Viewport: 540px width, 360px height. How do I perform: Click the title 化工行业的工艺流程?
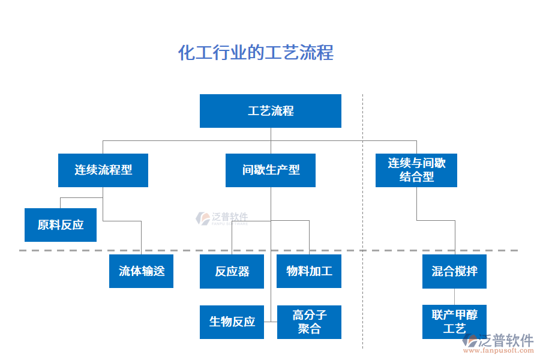[256, 53]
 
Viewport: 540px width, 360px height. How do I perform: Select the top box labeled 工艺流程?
[270, 111]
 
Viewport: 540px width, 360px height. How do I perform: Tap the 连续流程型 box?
[103, 170]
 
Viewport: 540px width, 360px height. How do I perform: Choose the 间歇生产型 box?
[271, 170]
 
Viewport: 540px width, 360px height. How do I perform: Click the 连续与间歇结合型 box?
[416, 170]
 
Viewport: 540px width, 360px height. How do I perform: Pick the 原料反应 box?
[61, 225]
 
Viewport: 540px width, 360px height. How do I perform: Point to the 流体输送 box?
[141, 271]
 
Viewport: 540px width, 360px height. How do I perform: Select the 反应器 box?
[232, 271]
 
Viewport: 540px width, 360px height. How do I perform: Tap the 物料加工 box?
[309, 271]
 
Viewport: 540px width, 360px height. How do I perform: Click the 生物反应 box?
[232, 322]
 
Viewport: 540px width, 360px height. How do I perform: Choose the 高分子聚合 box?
[309, 322]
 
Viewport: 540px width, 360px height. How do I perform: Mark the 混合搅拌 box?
[454, 271]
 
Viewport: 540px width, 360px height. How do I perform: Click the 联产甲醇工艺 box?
[454, 322]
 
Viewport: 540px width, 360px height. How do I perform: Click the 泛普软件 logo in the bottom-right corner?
[498, 341]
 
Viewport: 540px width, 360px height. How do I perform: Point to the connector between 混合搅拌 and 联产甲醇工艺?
[454, 297]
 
